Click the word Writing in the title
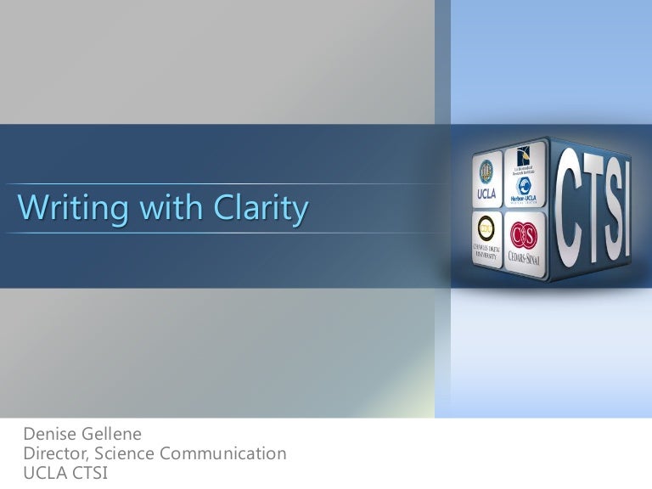(x=65, y=209)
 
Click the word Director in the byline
(x=55, y=454)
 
